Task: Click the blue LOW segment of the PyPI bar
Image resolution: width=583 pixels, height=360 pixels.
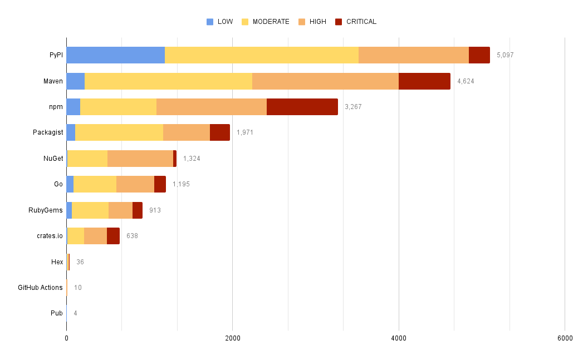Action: pyautogui.click(x=115, y=55)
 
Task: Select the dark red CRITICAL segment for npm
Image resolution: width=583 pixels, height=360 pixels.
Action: pyautogui.click(x=302, y=107)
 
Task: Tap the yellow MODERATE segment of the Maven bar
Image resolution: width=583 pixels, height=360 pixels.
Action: pyautogui.click(x=168, y=81)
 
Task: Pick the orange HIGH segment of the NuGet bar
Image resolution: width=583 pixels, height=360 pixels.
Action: pyautogui.click(x=140, y=159)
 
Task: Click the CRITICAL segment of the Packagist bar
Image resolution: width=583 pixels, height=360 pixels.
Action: pyautogui.click(x=219, y=132)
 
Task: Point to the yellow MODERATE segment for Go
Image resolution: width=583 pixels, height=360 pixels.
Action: pyautogui.click(x=95, y=184)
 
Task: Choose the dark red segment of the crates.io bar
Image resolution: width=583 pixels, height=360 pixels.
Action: pyautogui.click(x=113, y=236)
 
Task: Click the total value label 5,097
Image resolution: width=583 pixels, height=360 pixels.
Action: pyautogui.click(x=505, y=55)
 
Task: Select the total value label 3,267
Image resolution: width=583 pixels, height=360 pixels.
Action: pyautogui.click(x=353, y=107)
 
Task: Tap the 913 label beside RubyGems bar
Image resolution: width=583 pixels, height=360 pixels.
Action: pyautogui.click(x=155, y=210)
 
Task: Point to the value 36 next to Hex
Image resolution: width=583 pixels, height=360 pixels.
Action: pyautogui.click(x=80, y=262)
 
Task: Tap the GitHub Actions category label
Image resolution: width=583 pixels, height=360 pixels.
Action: pyautogui.click(x=40, y=288)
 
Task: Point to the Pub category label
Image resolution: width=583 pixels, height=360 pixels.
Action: pyautogui.click(x=56, y=313)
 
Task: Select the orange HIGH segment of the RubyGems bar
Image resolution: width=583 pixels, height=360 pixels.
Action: pyautogui.click(x=120, y=210)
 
